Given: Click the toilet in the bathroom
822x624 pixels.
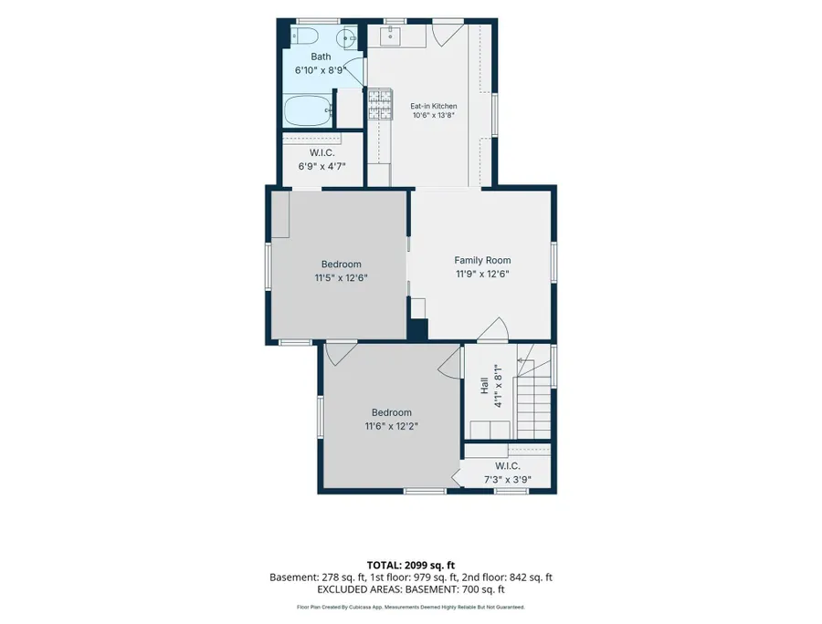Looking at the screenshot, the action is click(x=305, y=36).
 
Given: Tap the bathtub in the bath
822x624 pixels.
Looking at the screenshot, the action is click(x=309, y=110).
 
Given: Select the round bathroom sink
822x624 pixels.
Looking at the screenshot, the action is click(x=346, y=37).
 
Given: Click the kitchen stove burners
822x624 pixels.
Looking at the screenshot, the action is click(x=381, y=104).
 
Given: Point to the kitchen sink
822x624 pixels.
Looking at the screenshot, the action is click(x=395, y=36).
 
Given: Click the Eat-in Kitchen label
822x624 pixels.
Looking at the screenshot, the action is click(x=434, y=106).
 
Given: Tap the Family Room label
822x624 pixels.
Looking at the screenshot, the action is click(x=482, y=260).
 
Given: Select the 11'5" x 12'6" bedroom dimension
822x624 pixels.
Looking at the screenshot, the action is click(x=341, y=278).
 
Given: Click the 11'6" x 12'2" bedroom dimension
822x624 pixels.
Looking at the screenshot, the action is click(x=392, y=426).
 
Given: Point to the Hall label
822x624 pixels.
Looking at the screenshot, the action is click(x=484, y=386).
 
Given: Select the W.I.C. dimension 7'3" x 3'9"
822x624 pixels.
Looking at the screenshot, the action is click(x=508, y=480).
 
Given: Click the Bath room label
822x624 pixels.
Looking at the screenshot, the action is click(x=321, y=57).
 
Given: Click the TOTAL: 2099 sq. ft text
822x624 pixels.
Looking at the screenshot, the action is click(x=410, y=565).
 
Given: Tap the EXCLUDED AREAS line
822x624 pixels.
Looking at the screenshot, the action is click(x=410, y=589).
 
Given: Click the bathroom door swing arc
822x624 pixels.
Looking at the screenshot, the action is click(x=356, y=70).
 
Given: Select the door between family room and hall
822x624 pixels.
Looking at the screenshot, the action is click(x=493, y=330).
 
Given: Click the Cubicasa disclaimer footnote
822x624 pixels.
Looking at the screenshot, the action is click(x=410, y=608).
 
